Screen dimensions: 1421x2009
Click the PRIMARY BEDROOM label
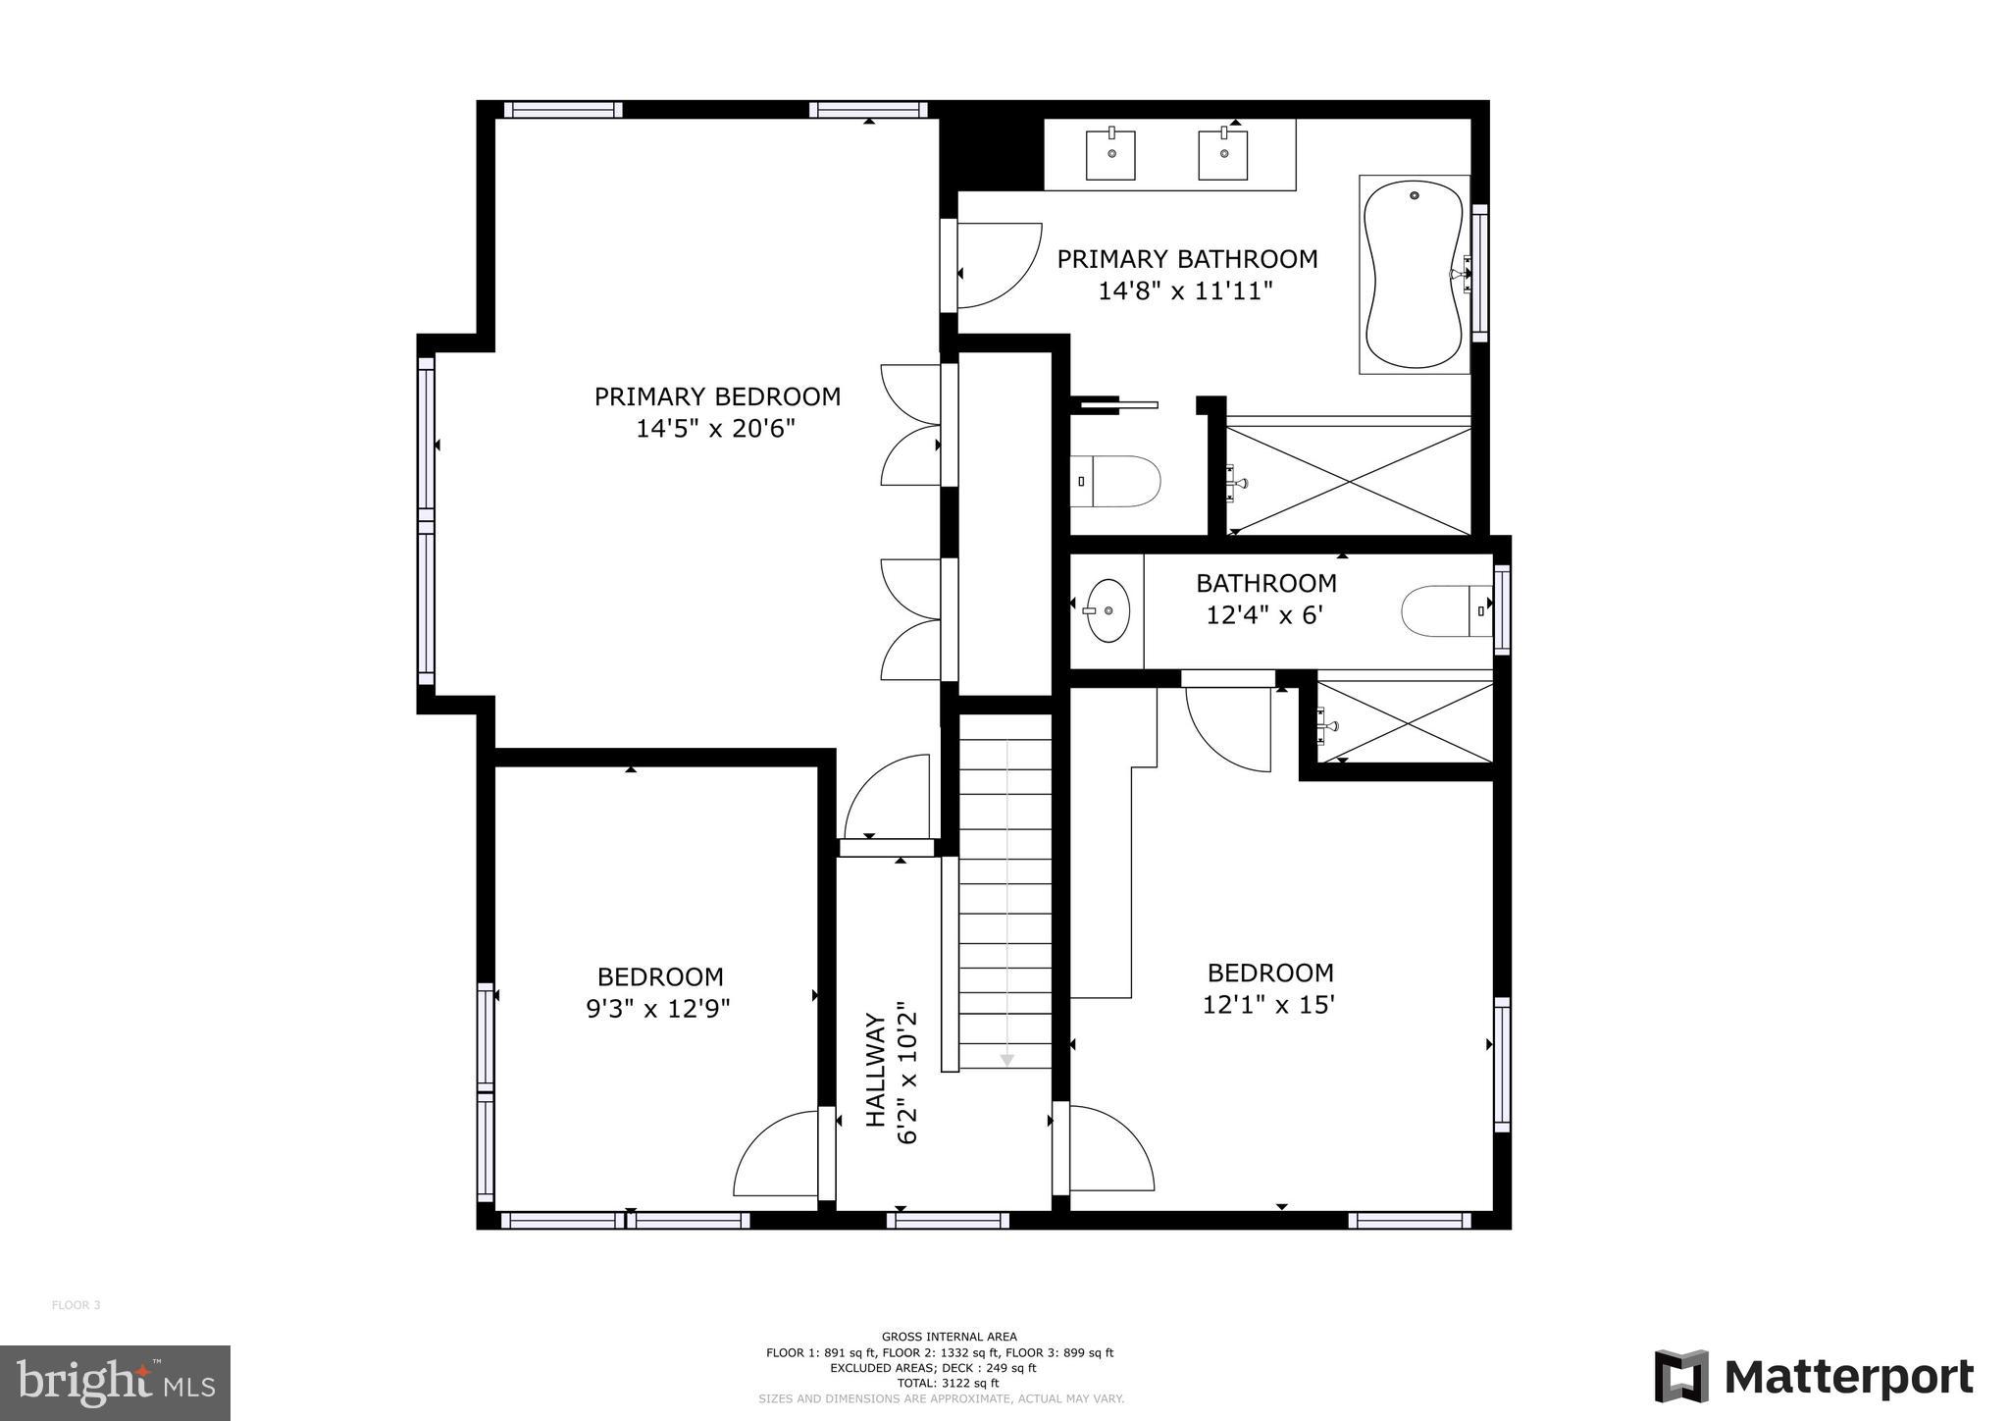tap(717, 396)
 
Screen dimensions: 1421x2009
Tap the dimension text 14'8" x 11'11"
tap(1185, 290)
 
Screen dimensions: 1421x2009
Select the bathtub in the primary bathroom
tap(1414, 275)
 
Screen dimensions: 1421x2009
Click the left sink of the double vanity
tap(1111, 155)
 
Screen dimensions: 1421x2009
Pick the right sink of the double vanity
tap(1223, 155)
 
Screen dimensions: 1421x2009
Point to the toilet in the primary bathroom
tap(1116, 481)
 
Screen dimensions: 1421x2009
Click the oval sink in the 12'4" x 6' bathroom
tap(1108, 610)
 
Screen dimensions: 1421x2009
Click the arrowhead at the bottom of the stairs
tap(1006, 1060)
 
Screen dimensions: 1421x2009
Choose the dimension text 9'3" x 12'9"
tap(658, 1009)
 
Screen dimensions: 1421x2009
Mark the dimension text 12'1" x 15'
tap(1268, 1005)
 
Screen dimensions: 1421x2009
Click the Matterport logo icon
tap(1681, 1376)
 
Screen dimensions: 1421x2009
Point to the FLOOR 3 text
tap(76, 1305)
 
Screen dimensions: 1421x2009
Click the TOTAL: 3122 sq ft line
tap(948, 1383)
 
